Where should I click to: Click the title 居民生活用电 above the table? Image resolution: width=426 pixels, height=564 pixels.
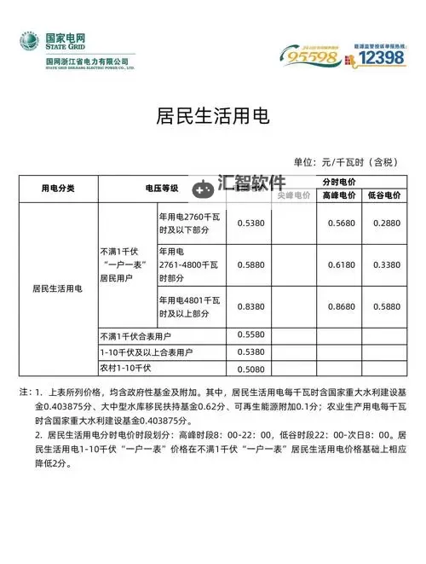pyautogui.click(x=213, y=114)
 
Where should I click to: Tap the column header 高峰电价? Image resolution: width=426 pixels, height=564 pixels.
pyautogui.click(x=339, y=195)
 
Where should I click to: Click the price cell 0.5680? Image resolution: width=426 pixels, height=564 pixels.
pyautogui.click(x=339, y=223)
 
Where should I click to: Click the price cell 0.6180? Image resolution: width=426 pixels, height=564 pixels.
pyautogui.click(x=339, y=265)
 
